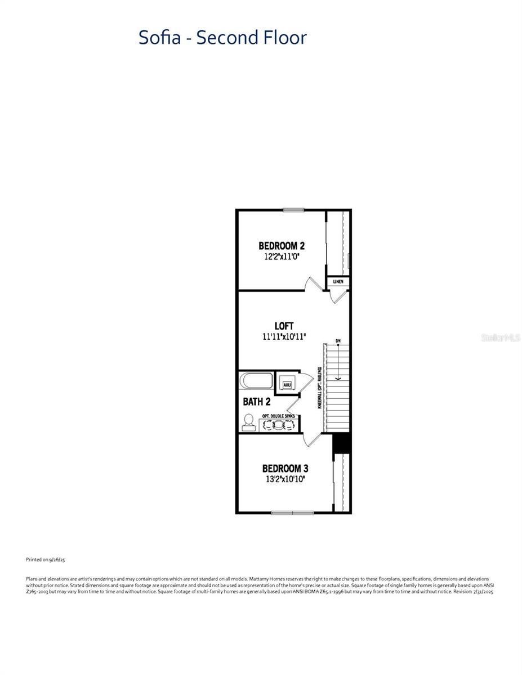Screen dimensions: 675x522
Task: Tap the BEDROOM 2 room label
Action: pos(282,246)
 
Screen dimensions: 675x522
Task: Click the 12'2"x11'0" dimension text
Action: pos(282,256)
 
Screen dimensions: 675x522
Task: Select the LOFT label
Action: pos(284,326)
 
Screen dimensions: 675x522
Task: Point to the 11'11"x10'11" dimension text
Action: pos(284,336)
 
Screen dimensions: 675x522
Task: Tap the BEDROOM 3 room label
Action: pos(285,469)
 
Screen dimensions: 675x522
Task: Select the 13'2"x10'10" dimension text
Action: pos(285,479)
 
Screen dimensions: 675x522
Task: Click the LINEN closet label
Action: pos(338,281)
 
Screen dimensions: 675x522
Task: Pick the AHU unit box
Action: pos(286,385)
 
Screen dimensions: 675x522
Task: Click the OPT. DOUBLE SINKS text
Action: pos(279,416)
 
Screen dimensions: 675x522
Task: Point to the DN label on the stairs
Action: pos(338,341)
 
